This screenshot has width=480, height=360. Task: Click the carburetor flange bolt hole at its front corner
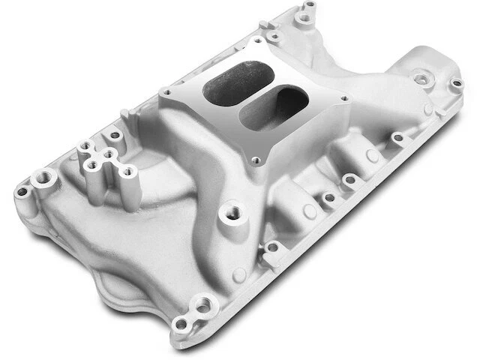256,160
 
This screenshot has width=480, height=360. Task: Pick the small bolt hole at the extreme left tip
22,190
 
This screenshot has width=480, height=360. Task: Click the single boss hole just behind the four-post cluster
114,136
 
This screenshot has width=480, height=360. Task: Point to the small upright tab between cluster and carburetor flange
128,115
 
